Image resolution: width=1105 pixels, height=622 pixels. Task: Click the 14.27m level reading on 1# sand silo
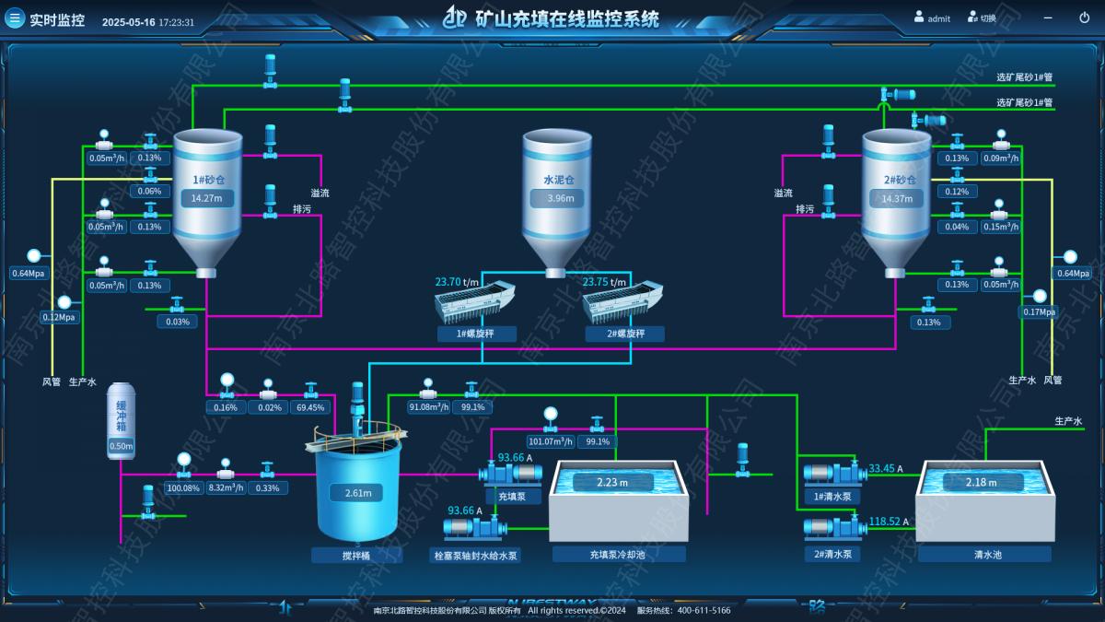pos(206,198)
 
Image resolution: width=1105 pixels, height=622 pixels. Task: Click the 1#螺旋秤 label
pos(476,334)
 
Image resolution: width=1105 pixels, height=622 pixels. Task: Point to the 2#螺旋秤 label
pos(624,334)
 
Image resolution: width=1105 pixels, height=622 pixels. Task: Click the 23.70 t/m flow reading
pos(458,282)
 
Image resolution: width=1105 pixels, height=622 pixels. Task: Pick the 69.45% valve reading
pos(312,407)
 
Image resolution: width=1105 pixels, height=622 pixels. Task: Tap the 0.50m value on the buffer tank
pos(122,447)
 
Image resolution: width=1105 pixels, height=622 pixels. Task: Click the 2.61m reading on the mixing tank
pos(358,493)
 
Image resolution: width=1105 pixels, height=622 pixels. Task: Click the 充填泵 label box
pos(512,497)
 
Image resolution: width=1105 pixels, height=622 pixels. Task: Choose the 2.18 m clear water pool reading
pos(982,482)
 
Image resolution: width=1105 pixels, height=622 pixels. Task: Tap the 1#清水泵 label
pos(832,497)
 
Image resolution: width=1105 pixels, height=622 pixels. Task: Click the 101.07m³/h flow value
pos(552,441)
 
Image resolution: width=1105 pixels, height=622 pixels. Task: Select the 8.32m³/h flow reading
pos(226,487)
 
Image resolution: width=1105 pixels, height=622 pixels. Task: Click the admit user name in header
pos(938,18)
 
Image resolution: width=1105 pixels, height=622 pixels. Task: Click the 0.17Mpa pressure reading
pos(1039,311)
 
